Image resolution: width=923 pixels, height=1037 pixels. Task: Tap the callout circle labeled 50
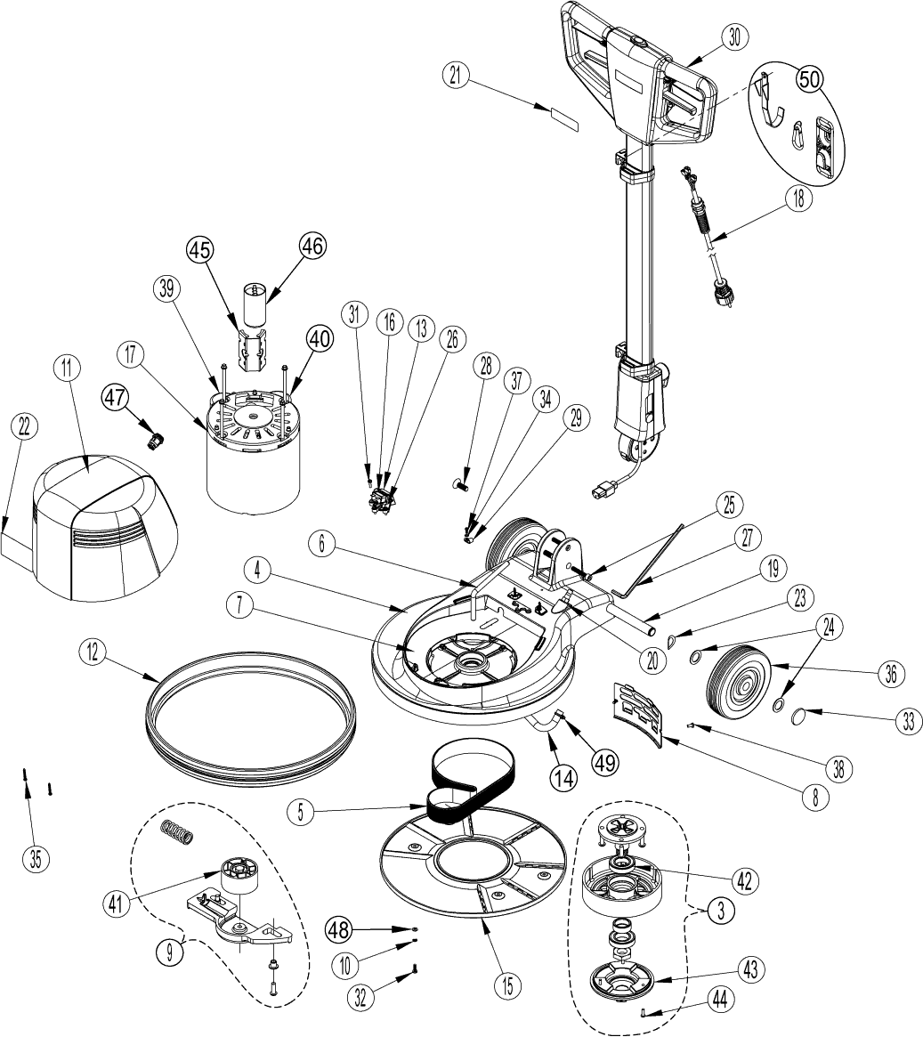pos(808,79)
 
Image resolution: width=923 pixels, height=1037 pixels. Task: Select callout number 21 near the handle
pos(457,77)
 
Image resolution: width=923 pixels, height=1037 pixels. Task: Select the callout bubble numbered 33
pos(905,721)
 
